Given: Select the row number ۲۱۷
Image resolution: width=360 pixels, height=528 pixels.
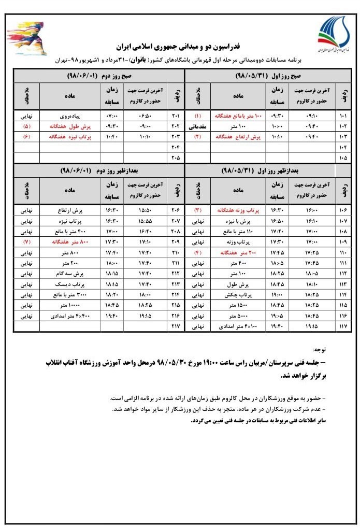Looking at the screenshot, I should (175, 326).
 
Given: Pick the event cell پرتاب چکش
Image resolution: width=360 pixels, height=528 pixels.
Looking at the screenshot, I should (239, 295).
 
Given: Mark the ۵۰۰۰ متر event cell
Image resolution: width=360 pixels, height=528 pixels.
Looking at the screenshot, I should (239, 316).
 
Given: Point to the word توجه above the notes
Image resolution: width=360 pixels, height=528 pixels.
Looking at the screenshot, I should (321, 351).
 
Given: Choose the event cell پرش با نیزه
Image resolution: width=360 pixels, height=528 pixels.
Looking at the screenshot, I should (240, 221).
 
